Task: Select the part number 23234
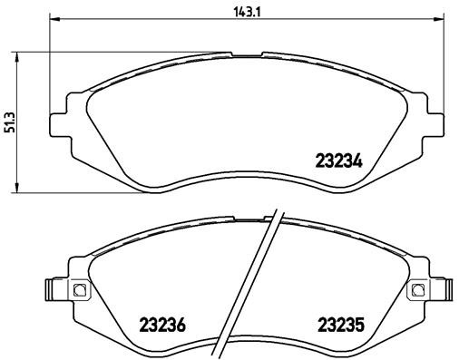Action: [x=338, y=164]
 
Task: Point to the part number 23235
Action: [x=339, y=324]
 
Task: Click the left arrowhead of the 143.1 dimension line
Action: [x=52, y=20]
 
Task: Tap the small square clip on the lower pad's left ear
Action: [x=77, y=290]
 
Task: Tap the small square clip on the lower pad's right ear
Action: [x=418, y=290]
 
